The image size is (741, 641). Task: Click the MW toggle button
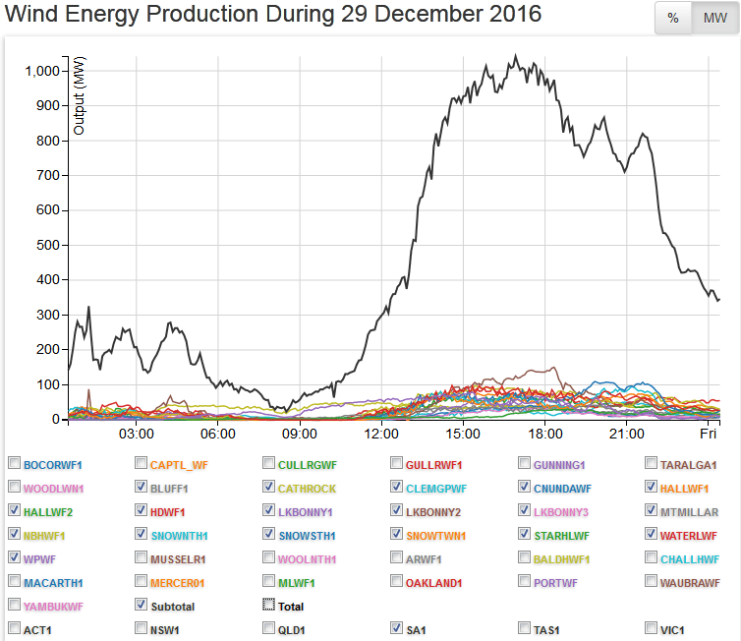point(714,19)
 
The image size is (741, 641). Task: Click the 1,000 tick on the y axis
point(41,71)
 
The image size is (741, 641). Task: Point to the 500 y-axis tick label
point(49,245)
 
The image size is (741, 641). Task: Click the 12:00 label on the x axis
point(380,435)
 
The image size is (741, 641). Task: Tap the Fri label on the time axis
point(708,435)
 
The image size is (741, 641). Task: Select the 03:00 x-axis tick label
point(136,435)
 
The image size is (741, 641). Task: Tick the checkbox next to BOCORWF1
point(14,464)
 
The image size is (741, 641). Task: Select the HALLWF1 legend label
point(686,489)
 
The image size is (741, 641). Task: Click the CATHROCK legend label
point(307,489)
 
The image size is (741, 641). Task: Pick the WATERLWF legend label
point(690,536)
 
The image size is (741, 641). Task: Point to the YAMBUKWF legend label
point(53,607)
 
